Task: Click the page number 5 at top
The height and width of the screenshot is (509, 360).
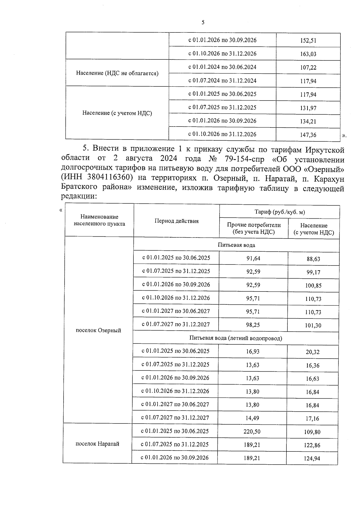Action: pos(203,22)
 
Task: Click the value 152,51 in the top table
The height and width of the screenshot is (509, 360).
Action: pos(308,40)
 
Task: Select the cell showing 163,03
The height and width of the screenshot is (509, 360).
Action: pos(308,54)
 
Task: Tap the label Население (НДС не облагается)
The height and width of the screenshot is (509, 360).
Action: pos(117,73)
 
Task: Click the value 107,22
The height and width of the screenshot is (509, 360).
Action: pos(308,67)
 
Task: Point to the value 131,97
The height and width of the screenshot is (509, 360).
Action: pos(308,108)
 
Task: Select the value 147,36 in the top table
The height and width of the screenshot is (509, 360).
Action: pos(308,135)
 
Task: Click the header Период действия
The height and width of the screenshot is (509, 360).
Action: pos(176,221)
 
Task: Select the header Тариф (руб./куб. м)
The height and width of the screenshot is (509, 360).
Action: pos(280,212)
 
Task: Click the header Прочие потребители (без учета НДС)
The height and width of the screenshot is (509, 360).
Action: pos(254,228)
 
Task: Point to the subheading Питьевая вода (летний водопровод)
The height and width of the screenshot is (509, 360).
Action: pos(235,338)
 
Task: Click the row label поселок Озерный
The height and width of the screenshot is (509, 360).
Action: pos(98,330)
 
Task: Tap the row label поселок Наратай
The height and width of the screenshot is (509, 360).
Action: pos(97,444)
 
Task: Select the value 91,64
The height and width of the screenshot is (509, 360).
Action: pos(253,258)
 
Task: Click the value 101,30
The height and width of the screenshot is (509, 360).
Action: pos(313,325)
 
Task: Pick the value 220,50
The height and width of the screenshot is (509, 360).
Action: pos(252,432)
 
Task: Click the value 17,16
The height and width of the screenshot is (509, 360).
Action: pos(312,418)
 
